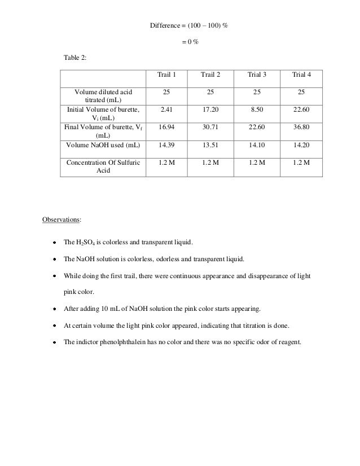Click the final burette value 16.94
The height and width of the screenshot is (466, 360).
(166, 127)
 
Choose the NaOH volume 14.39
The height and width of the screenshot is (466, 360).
(166, 145)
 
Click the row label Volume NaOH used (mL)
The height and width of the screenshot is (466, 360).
(103, 145)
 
